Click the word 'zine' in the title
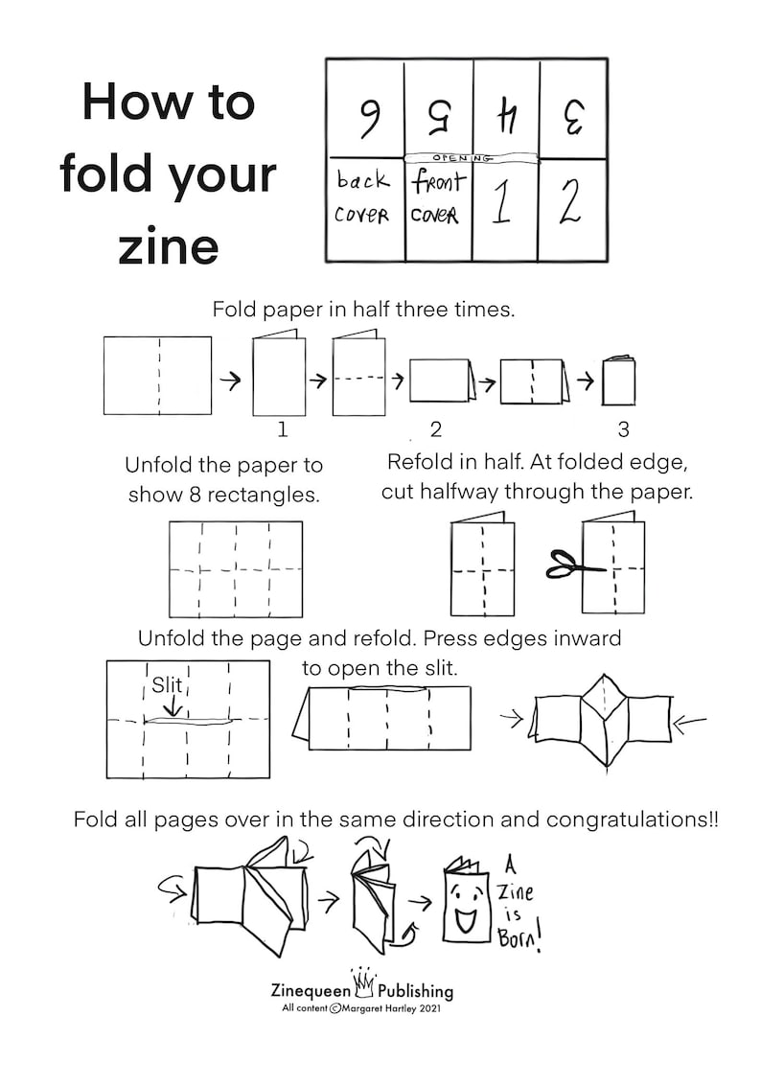pos(169,246)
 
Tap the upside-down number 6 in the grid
pos(367,117)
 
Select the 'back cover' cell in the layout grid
pos(362,198)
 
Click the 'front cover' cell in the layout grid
pos(437,198)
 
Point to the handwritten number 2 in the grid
pos(571,202)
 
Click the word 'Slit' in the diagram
pos(167,685)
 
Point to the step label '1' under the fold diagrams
pos(282,428)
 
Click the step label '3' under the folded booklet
pos(623,428)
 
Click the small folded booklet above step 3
pos(618,381)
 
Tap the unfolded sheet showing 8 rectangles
pos(235,568)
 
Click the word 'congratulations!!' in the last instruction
pos(632,820)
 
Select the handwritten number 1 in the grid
pos(501,202)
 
